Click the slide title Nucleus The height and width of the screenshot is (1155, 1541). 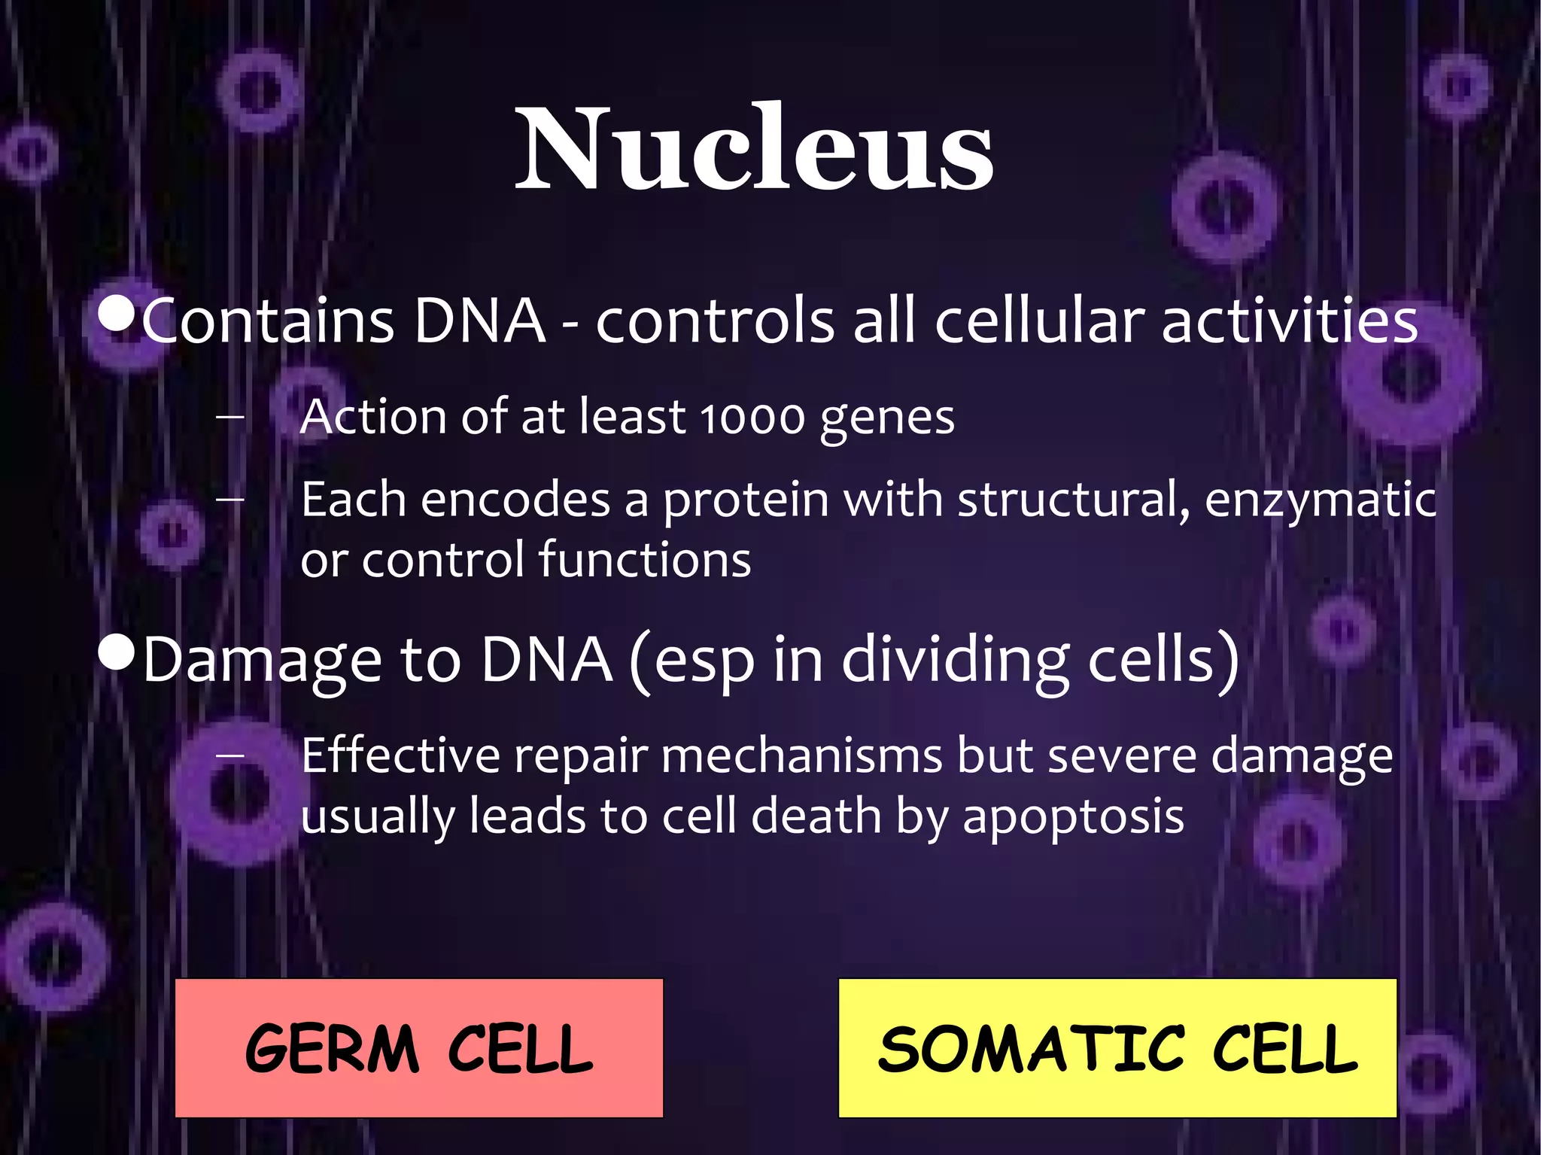pyautogui.click(x=754, y=148)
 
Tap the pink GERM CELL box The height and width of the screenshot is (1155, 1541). pyautogui.click(x=418, y=1047)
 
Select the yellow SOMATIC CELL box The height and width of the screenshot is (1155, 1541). pyautogui.click(x=1117, y=1047)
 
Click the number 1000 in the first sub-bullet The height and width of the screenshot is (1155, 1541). pyautogui.click(x=752, y=418)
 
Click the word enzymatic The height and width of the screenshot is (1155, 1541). pyautogui.click(x=1321, y=500)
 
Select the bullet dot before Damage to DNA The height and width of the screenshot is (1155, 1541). pyautogui.click(x=116, y=654)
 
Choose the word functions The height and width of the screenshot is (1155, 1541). pyautogui.click(x=645, y=560)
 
